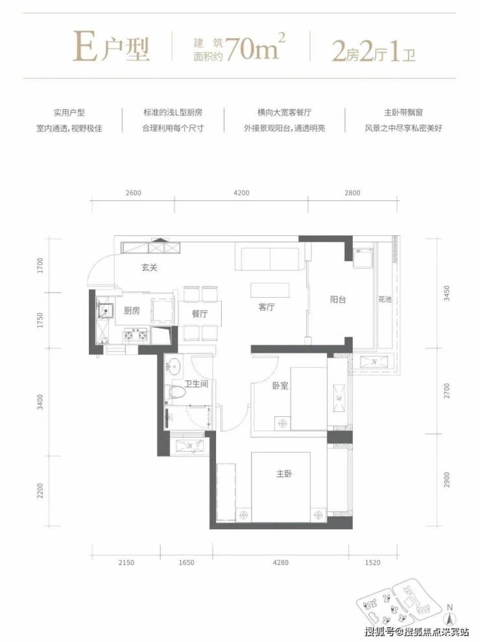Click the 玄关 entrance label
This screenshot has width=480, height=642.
coord(149,268)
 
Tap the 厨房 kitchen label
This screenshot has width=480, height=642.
coord(132,311)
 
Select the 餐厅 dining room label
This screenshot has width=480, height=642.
coord(199,314)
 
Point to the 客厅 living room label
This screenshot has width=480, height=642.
coord(266,307)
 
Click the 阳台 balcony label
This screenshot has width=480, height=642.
coord(338,300)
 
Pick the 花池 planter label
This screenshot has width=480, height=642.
coord(385,300)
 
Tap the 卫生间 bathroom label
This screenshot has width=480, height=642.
coord(196,384)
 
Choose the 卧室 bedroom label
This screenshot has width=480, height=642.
coord(280,386)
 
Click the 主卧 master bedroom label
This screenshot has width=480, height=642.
coord(284,474)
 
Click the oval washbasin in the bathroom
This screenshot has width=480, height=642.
coord(174,366)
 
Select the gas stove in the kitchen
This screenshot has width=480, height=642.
coord(136,335)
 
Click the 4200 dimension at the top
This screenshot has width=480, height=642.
coord(241,193)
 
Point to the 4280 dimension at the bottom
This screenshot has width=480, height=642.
coord(280,563)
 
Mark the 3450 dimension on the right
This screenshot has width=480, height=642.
coord(447,294)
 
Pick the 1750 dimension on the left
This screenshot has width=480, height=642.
coord(40,320)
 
